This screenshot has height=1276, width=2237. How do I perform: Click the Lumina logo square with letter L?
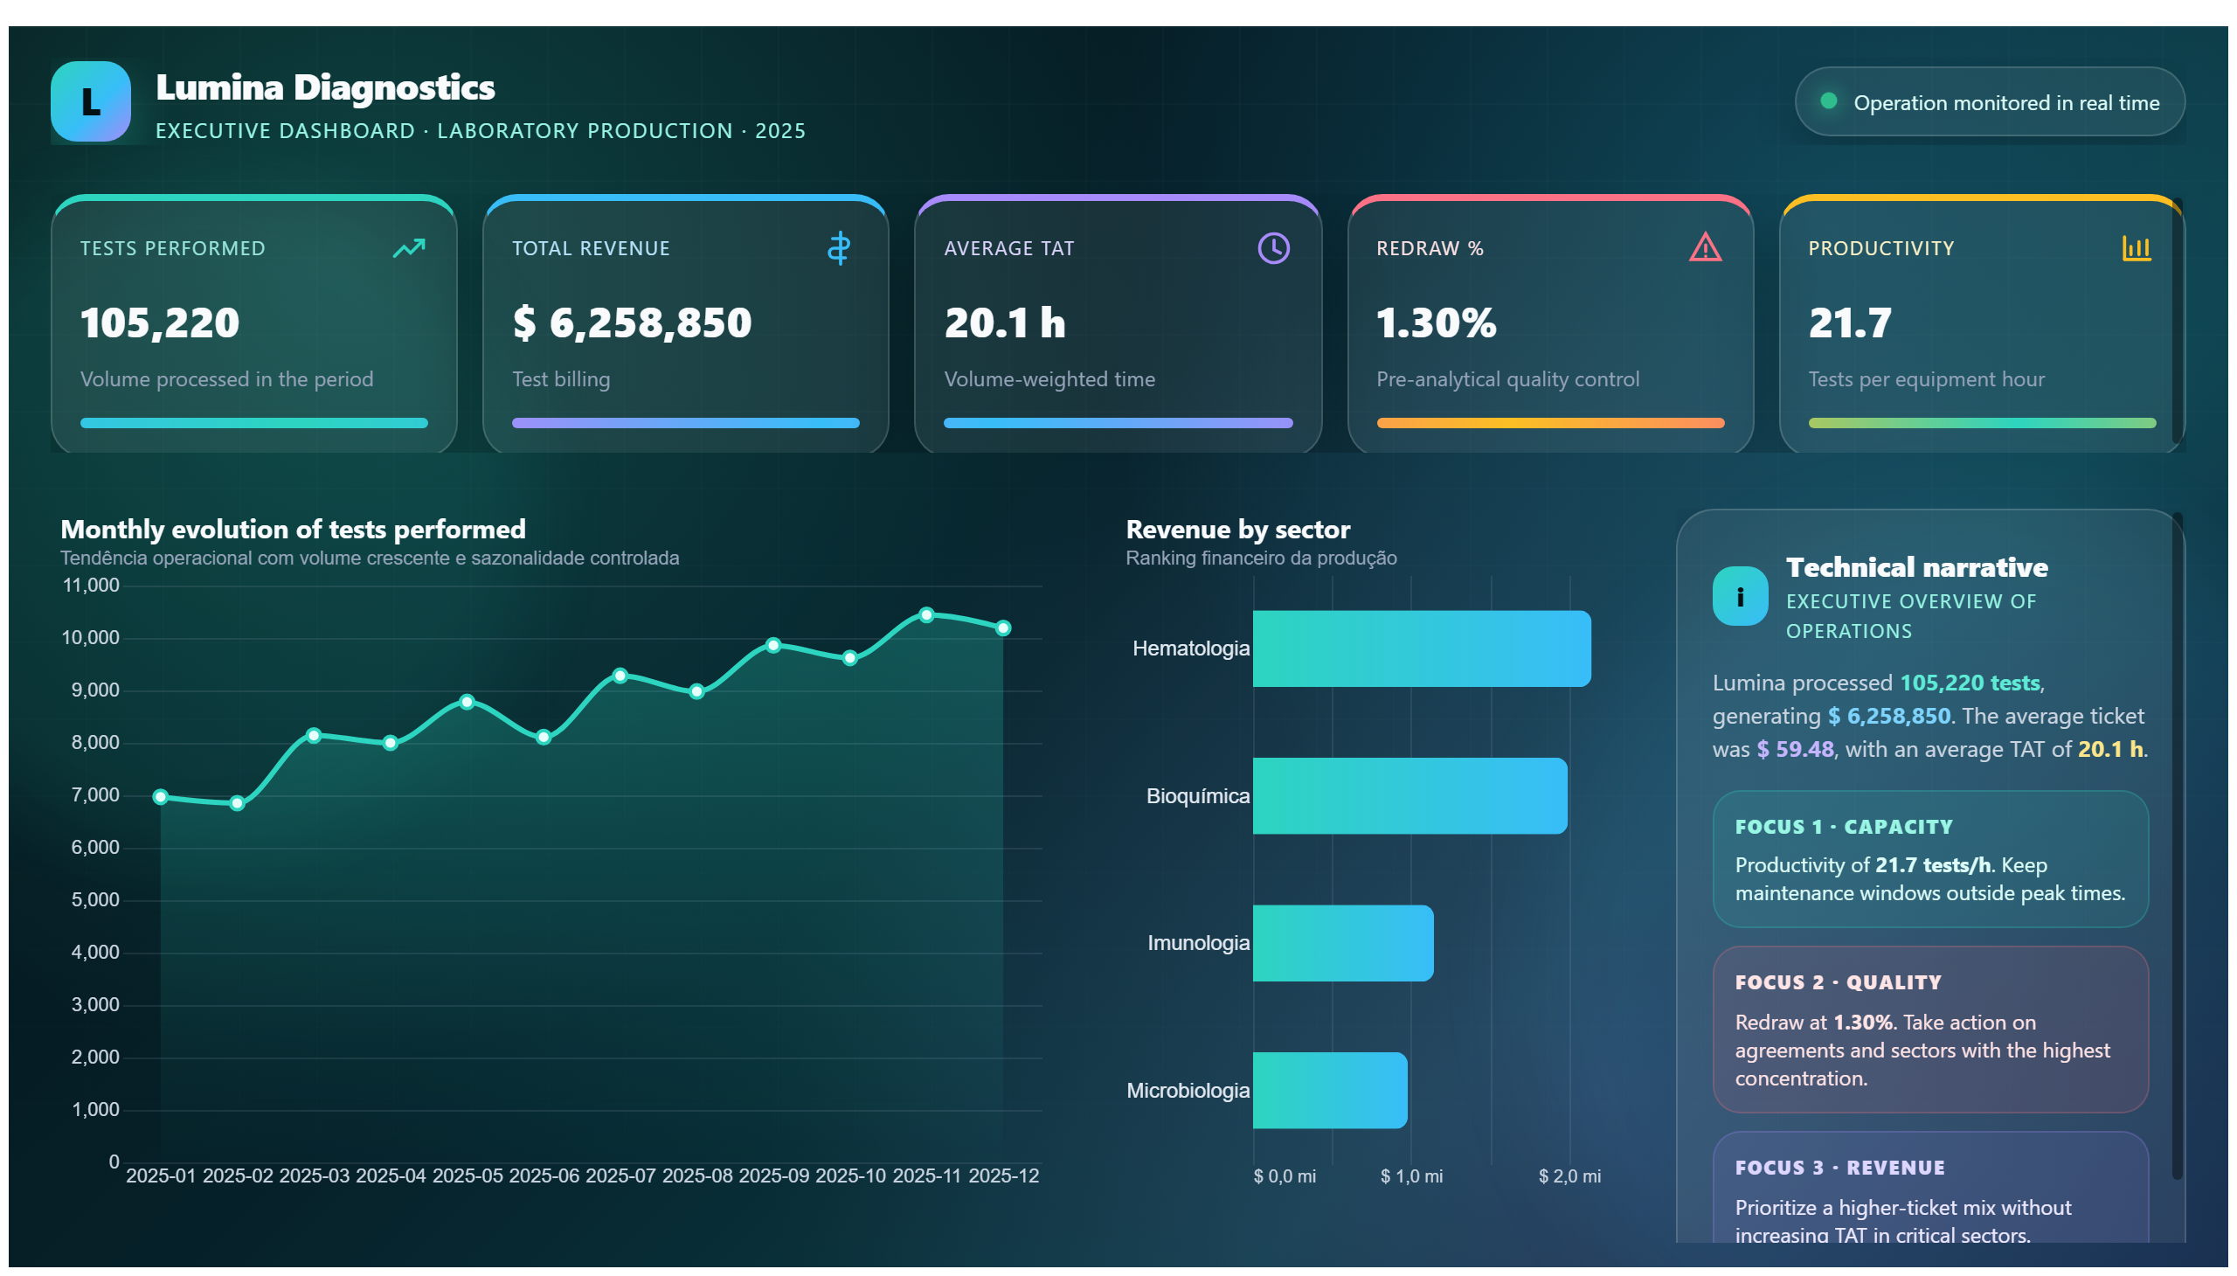coord(90,101)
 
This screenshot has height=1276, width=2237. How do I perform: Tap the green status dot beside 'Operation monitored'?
coord(1828,101)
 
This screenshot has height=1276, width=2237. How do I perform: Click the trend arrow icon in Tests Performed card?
coord(408,248)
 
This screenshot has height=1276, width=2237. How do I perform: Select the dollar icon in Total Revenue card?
coord(839,248)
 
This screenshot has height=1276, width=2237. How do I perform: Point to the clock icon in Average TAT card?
coord(1272,248)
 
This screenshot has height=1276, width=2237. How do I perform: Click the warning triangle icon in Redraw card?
coord(1704,248)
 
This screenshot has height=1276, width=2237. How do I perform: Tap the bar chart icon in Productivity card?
coord(2136,248)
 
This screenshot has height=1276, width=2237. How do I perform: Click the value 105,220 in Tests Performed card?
coord(159,322)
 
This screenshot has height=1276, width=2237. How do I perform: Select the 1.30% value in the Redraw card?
coord(1435,322)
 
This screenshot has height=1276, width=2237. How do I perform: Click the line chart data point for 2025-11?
coord(926,615)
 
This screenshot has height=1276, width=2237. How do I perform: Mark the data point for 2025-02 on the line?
coord(237,803)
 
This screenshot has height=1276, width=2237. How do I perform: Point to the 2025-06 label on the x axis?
coord(544,1176)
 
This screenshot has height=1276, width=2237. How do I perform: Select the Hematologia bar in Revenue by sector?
coord(1421,648)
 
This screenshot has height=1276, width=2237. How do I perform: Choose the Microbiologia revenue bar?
coord(1329,1090)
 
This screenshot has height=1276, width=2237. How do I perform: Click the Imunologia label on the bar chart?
coord(1198,943)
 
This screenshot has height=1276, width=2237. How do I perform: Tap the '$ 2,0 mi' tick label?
coord(1569,1176)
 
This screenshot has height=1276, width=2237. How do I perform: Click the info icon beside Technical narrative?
coord(1739,596)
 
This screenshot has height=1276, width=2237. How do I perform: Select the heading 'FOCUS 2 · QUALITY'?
coord(1838,982)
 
